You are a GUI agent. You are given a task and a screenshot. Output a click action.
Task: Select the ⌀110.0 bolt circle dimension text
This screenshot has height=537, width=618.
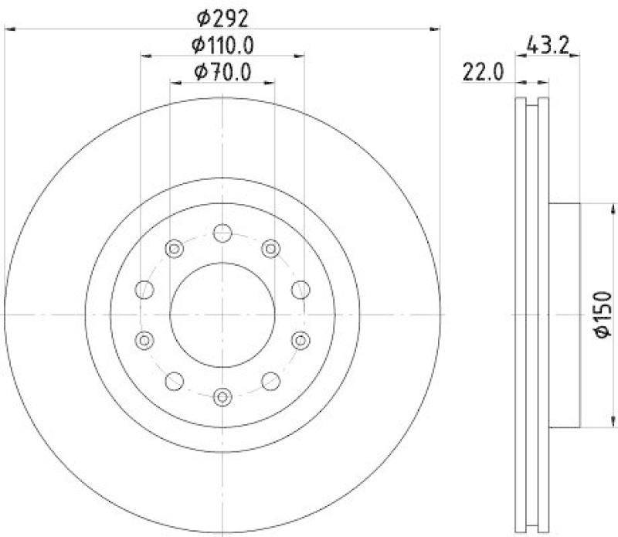tap(222, 45)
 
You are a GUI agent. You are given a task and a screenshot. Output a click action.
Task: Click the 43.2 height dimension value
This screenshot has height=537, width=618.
tap(547, 45)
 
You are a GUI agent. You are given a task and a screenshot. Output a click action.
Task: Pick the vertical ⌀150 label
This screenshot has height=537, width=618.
tap(603, 314)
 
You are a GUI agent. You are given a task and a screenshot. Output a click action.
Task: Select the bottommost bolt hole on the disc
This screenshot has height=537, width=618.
tap(222, 396)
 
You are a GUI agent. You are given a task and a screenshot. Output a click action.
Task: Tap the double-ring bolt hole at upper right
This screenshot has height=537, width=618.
tap(270, 248)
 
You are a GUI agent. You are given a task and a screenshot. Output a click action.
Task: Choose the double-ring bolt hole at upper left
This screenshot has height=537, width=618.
tap(175, 248)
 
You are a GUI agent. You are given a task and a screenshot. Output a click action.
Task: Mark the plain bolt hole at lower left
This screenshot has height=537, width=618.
tap(175, 381)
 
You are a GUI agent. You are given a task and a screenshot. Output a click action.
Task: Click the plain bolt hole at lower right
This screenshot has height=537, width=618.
tap(270, 381)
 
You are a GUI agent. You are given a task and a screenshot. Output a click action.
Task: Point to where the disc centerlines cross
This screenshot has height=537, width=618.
tap(222, 314)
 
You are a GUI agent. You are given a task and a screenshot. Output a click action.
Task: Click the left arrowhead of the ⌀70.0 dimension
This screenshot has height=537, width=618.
tap(173, 82)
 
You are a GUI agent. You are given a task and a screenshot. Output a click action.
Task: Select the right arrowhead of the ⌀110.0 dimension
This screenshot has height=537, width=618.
tap(300, 55)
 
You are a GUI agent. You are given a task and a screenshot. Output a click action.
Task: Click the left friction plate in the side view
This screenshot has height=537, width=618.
tap(519, 314)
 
